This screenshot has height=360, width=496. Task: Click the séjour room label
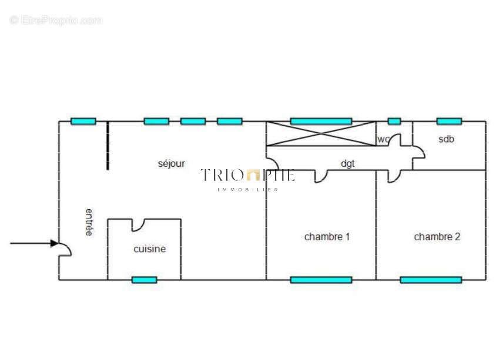171,164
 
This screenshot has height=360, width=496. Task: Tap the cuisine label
150,249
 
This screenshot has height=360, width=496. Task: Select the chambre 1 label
327,237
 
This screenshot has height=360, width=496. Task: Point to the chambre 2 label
437,237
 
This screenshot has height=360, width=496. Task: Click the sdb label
446,139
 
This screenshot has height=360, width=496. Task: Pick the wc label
383,139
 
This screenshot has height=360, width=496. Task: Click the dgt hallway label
348,164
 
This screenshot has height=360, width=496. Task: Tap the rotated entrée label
89,222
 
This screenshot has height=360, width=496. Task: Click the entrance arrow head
55,243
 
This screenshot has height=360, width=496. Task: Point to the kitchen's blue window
144,280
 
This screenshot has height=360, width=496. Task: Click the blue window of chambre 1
321,280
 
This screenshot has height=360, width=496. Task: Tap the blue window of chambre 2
431,280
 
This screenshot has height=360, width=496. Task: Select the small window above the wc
394,122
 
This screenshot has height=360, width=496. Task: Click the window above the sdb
449,122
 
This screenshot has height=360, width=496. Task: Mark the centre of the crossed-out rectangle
321,134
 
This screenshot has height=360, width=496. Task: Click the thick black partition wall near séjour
108,146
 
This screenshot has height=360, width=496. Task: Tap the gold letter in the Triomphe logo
253,175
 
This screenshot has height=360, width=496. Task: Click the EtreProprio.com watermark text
56,20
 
